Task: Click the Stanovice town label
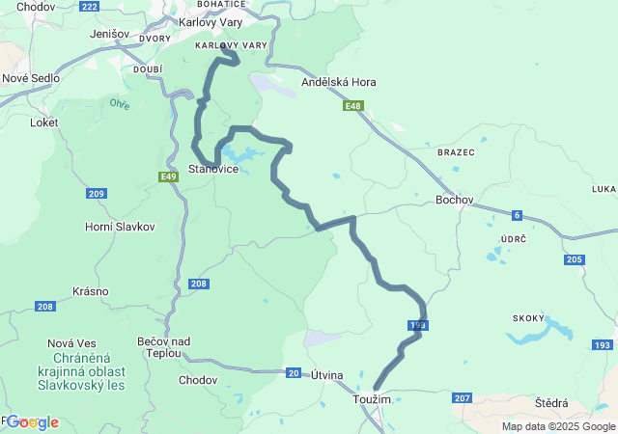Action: pyautogui.click(x=213, y=169)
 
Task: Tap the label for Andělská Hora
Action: pyautogui.click(x=339, y=82)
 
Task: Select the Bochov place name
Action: pyautogui.click(x=455, y=200)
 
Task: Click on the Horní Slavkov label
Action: pyautogui.click(x=121, y=226)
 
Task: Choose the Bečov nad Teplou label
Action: pyautogui.click(x=164, y=347)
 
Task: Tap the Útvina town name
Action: pyautogui.click(x=326, y=374)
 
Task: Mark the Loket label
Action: pyautogui.click(x=44, y=122)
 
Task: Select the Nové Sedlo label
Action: pyautogui.click(x=31, y=78)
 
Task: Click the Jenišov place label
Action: pyautogui.click(x=109, y=34)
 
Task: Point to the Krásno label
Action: pyautogui.click(x=90, y=291)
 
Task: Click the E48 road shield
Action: pyautogui.click(x=352, y=106)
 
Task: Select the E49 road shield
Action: pyautogui.click(x=169, y=176)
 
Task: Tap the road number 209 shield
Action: pyautogui.click(x=96, y=194)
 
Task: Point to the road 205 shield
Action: pyautogui.click(x=575, y=259)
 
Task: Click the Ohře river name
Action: pyautogui.click(x=119, y=103)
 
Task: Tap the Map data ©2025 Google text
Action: pyautogui.click(x=558, y=426)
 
